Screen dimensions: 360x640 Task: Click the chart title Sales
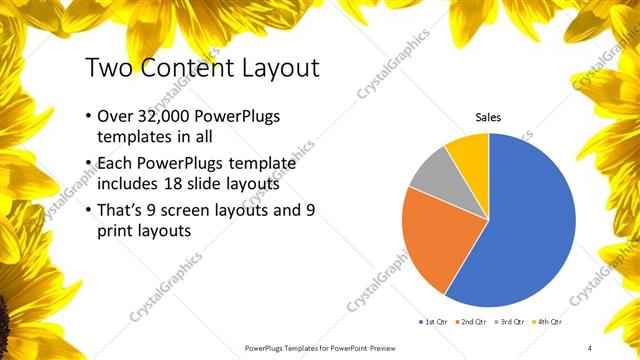click(x=488, y=117)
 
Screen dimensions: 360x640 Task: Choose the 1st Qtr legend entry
click(x=434, y=322)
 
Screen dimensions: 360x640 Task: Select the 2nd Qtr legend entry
click(x=475, y=322)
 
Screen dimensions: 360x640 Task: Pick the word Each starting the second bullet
click(x=115, y=161)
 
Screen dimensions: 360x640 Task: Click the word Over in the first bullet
click(x=116, y=116)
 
